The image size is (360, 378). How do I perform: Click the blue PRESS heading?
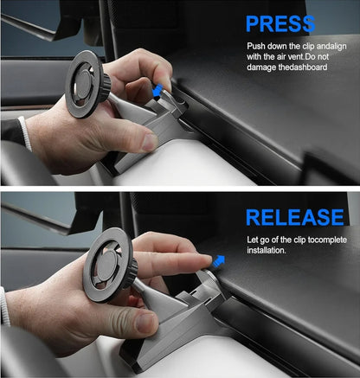tap(280, 23)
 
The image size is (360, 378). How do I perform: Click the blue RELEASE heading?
tap(295, 217)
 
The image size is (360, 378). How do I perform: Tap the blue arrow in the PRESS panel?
tap(157, 91)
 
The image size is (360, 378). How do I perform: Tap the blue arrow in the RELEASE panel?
tap(219, 261)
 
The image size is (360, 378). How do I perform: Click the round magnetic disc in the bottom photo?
tap(108, 265)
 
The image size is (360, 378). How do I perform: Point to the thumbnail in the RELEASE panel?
tap(147, 323)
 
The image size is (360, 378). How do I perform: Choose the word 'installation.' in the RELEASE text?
tap(267, 250)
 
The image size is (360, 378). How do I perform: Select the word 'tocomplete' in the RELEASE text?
tap(327, 240)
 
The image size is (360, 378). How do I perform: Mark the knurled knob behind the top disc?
tap(106, 84)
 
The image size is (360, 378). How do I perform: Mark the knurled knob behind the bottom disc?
tap(132, 272)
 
